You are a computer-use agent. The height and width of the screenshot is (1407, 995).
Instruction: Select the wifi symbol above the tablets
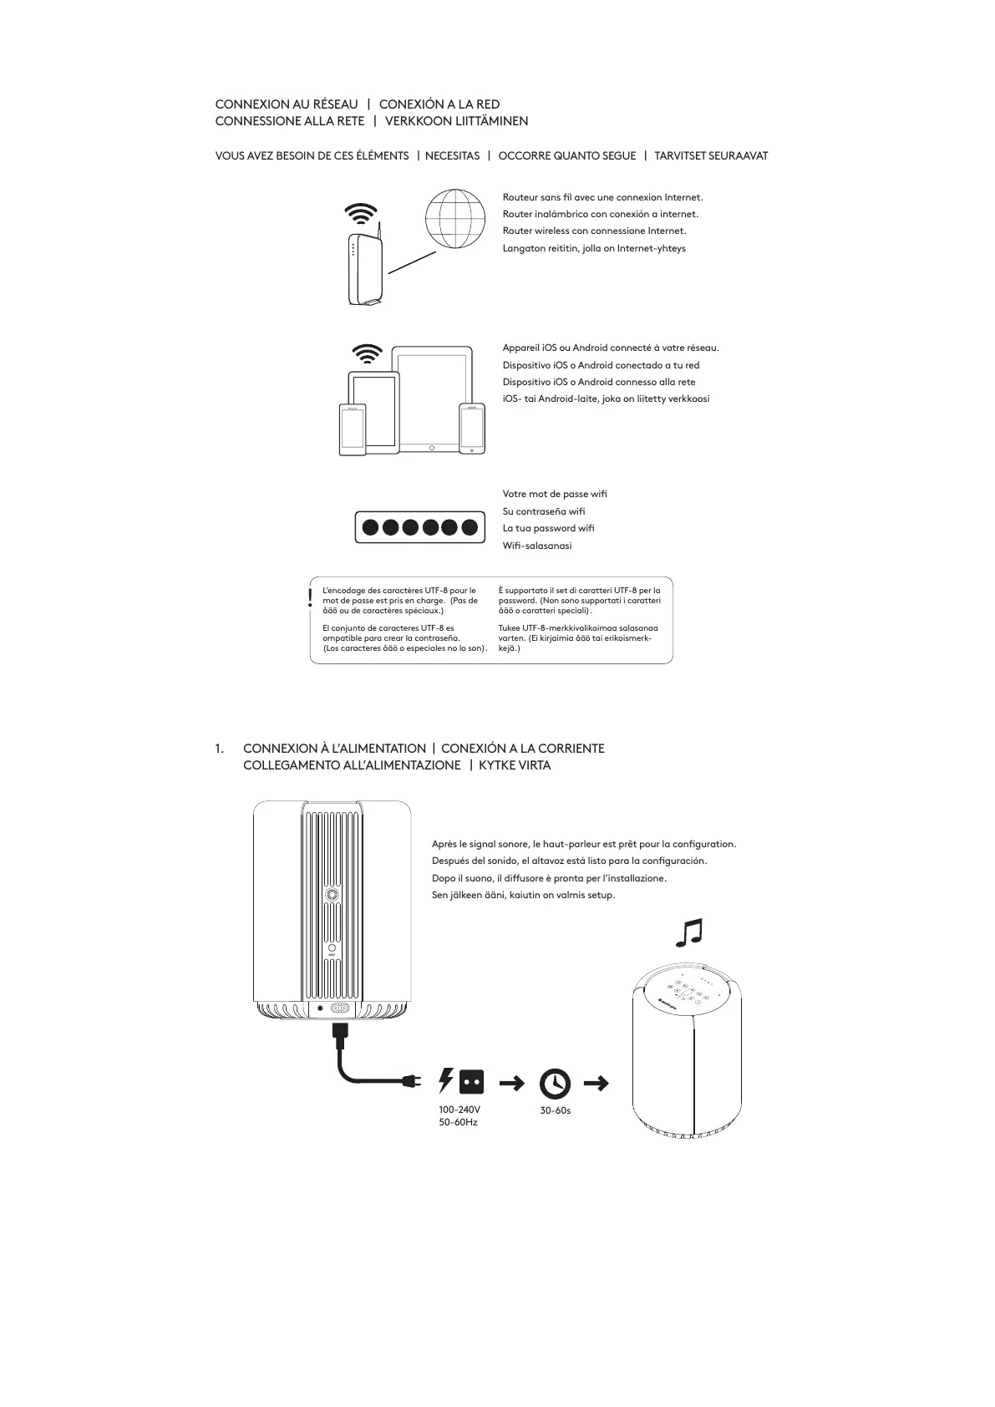tap(368, 354)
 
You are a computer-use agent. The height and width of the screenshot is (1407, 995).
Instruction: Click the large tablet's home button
tap(432, 447)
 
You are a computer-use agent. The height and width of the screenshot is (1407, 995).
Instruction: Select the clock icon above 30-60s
tap(555, 1084)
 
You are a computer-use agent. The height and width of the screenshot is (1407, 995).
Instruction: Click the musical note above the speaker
tap(689, 932)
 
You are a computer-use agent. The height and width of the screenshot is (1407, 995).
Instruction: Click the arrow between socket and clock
tap(511, 1084)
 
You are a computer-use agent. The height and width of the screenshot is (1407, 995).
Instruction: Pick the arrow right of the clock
tap(596, 1084)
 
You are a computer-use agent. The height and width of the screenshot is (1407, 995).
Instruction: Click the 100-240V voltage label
tap(459, 1110)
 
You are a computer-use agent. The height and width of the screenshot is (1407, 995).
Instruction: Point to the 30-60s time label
tap(555, 1110)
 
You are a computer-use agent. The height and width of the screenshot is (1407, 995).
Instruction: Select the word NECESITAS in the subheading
tap(452, 156)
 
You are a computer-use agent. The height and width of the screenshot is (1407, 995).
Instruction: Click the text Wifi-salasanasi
tap(537, 546)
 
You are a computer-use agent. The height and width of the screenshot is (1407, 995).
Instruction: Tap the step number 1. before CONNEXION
tap(220, 749)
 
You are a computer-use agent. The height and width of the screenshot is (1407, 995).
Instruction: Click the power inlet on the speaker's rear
tap(340, 1008)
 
